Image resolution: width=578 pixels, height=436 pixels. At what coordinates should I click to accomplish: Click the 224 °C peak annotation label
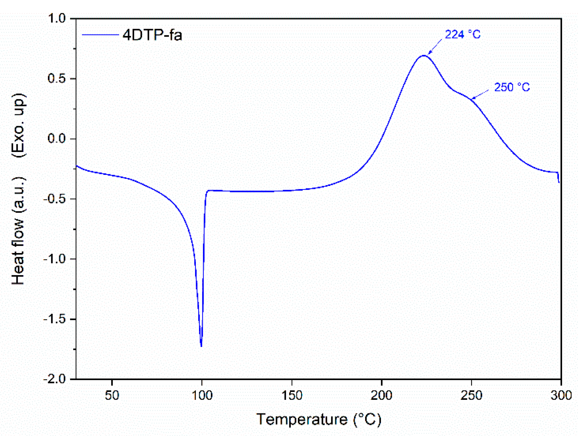click(x=462, y=35)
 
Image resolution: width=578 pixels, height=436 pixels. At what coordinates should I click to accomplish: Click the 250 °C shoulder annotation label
click(x=512, y=87)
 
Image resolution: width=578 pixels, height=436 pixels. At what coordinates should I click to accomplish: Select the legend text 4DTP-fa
click(x=152, y=35)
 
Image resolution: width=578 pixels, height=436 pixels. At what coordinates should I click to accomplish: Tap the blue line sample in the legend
click(x=100, y=35)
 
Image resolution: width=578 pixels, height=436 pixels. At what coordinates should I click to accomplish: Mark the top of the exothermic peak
click(x=424, y=55)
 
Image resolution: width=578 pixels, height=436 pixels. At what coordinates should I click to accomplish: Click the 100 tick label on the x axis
click(x=202, y=395)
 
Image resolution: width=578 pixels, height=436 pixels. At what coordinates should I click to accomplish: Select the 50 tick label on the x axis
click(x=112, y=395)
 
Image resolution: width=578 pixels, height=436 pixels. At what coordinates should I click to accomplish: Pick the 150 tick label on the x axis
click(x=292, y=395)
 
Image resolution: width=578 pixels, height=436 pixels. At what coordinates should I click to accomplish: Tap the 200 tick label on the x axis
click(x=382, y=395)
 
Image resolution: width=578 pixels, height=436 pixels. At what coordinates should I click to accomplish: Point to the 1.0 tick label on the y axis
click(x=57, y=19)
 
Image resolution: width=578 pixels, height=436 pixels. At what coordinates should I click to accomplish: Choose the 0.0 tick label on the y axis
click(x=57, y=138)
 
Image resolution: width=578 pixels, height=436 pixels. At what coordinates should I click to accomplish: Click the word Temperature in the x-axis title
click(x=302, y=419)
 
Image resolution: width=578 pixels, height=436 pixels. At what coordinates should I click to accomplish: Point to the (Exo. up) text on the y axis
click(x=18, y=125)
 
